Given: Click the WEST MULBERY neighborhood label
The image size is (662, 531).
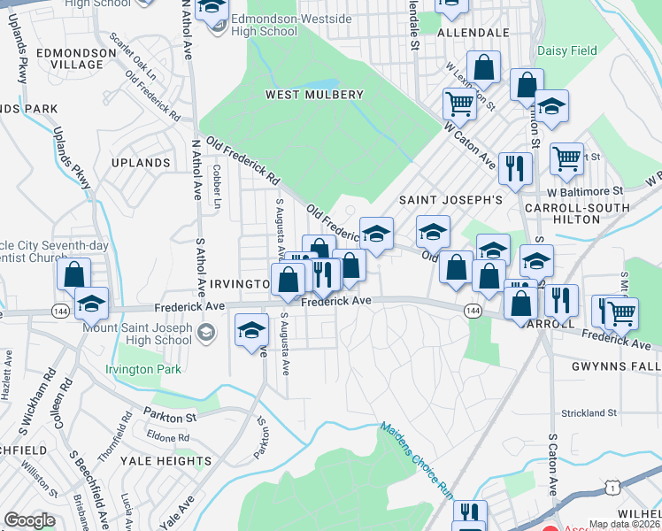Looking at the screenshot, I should tap(313, 95).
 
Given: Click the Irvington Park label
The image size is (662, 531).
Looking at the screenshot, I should tap(142, 369).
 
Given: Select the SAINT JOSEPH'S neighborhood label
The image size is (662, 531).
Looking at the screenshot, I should tap(450, 200).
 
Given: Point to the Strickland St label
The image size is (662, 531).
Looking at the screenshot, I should tap(589, 413).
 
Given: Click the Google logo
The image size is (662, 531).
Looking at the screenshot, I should tap(29, 519).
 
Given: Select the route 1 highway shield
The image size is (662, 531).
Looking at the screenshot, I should tap(610, 486).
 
